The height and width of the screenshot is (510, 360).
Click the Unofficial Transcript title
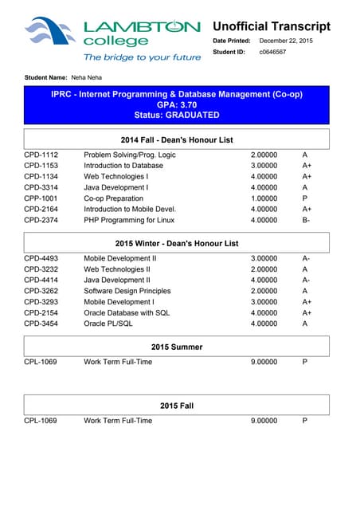coord(271,26)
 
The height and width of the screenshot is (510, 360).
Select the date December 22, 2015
coord(286,41)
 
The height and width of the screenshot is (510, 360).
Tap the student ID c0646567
coord(273,52)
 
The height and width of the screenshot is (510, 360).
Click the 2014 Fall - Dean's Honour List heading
coord(177,139)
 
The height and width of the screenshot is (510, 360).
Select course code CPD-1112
coord(41,155)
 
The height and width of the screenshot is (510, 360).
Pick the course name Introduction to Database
coord(123,166)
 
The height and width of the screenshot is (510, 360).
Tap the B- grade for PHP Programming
coord(307,220)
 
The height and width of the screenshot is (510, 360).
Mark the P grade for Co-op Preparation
coord(305,198)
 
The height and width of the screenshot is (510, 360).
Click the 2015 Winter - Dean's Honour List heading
coord(177,242)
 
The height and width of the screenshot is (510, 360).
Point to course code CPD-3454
coord(41,324)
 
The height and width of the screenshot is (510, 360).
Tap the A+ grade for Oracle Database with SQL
coord(307,313)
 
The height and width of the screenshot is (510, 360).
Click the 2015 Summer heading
coord(177,347)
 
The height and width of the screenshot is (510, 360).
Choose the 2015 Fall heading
coord(177,406)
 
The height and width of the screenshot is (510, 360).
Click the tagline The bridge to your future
coord(143,57)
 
